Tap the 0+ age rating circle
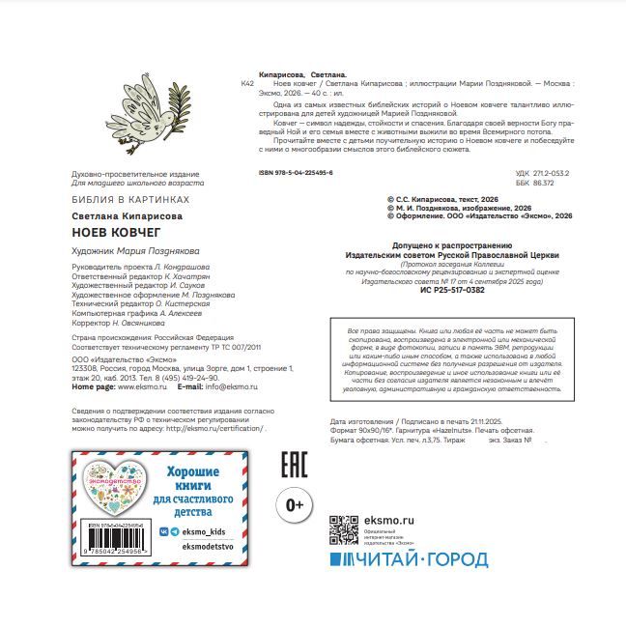click(x=296, y=505)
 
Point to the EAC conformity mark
click(x=293, y=465)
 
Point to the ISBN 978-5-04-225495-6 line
click(x=297, y=172)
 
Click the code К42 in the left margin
click(x=246, y=85)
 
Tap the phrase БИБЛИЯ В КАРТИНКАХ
click(x=131, y=199)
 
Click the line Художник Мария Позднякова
click(x=135, y=249)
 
